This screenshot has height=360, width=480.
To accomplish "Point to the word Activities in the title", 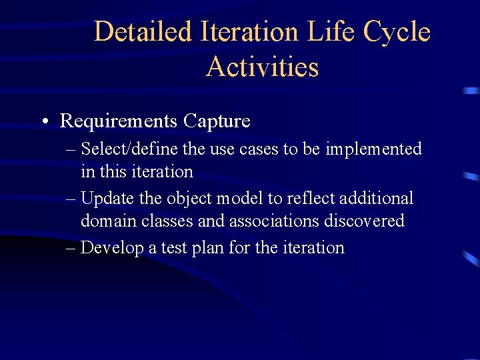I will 262,67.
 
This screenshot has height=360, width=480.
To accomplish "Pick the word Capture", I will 217,121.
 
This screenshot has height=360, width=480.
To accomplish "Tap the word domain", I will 105,221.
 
